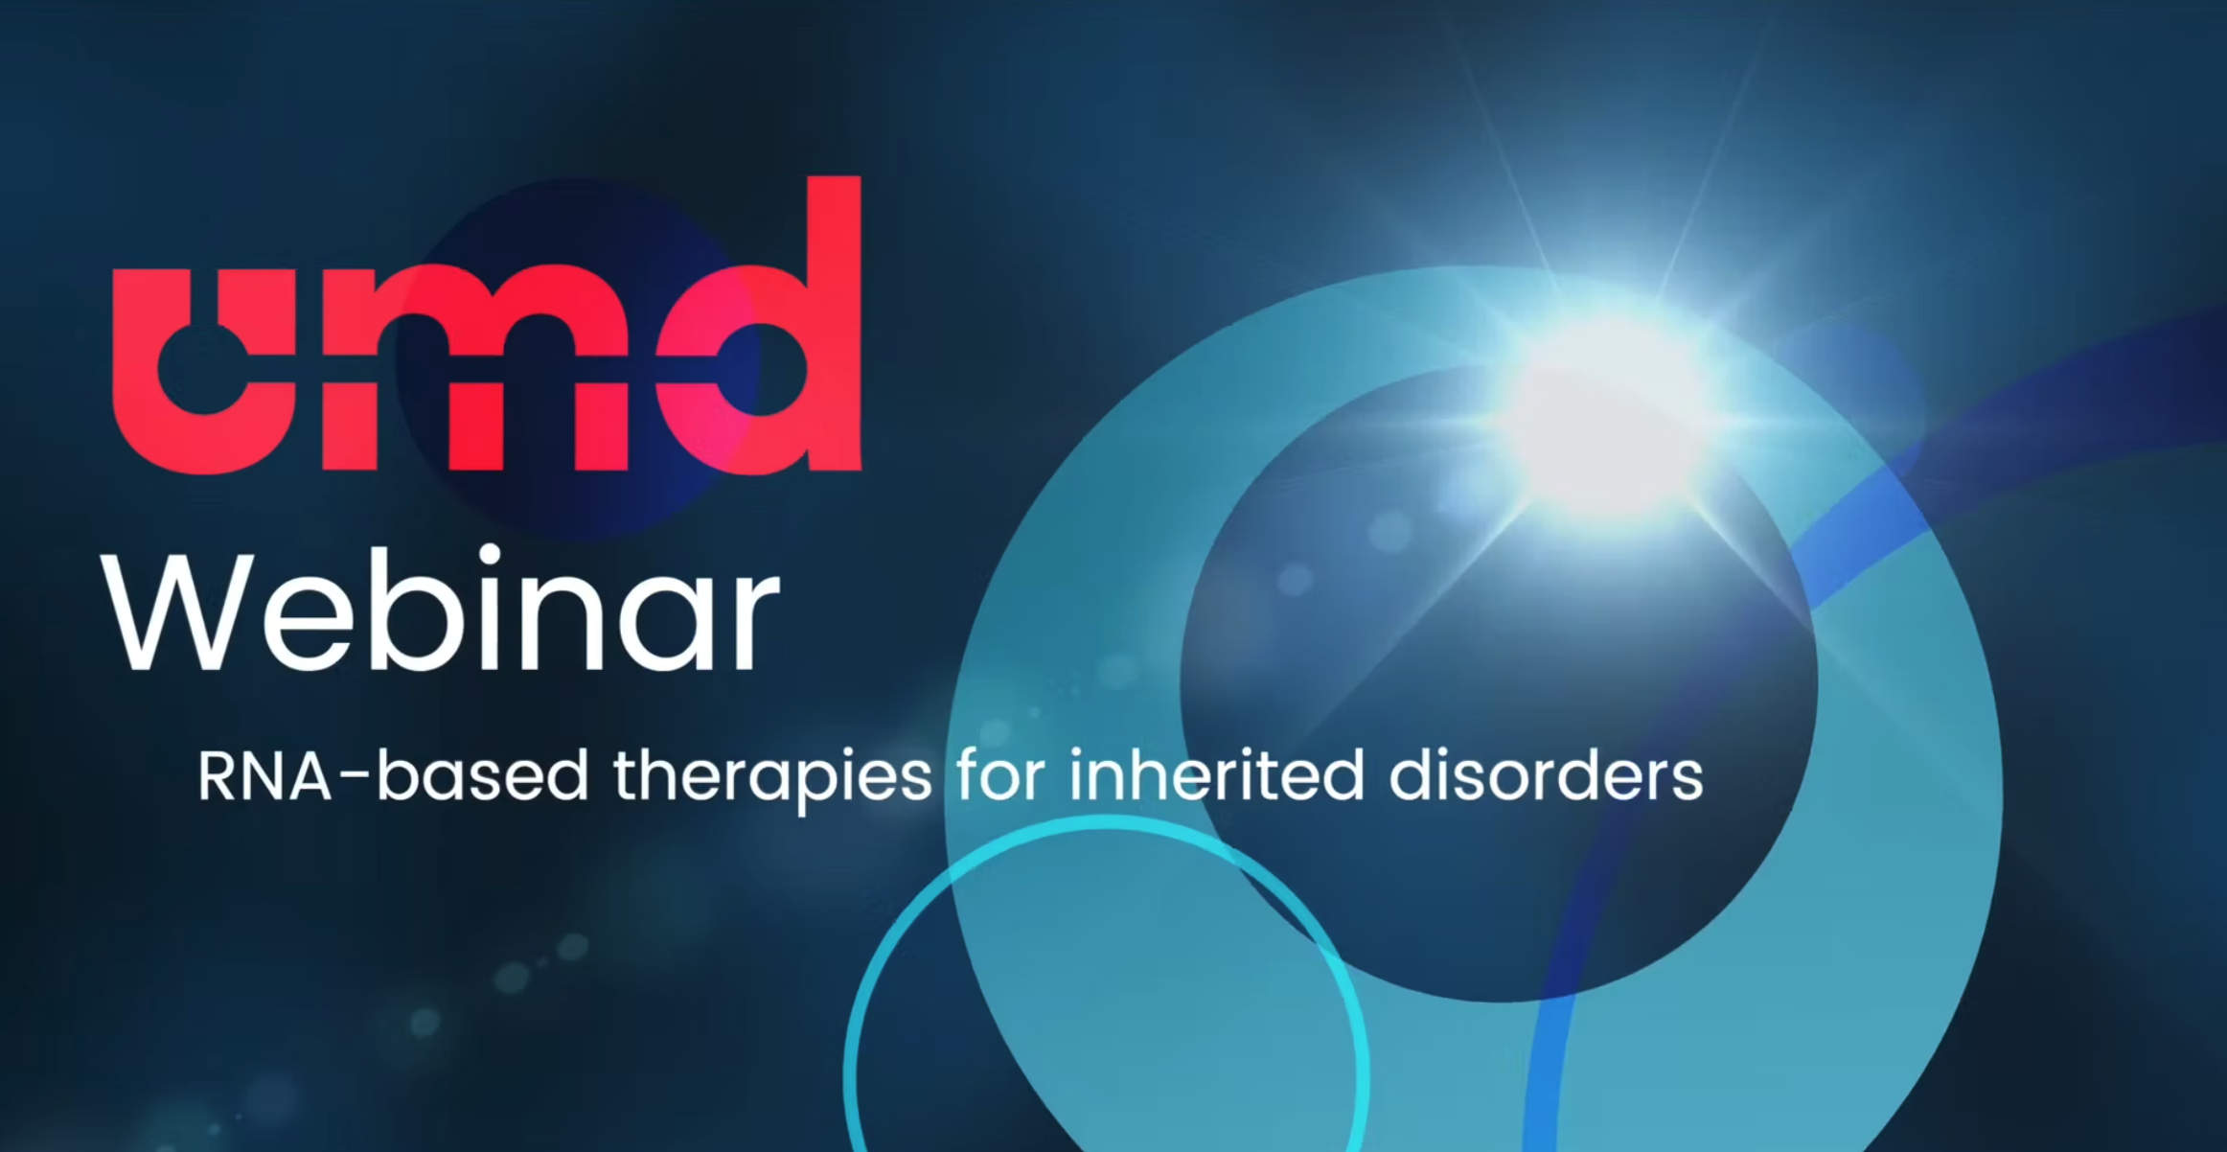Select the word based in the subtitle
(x=482, y=774)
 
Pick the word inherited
(x=1217, y=774)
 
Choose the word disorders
(x=1546, y=774)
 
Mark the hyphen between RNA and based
(x=354, y=779)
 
